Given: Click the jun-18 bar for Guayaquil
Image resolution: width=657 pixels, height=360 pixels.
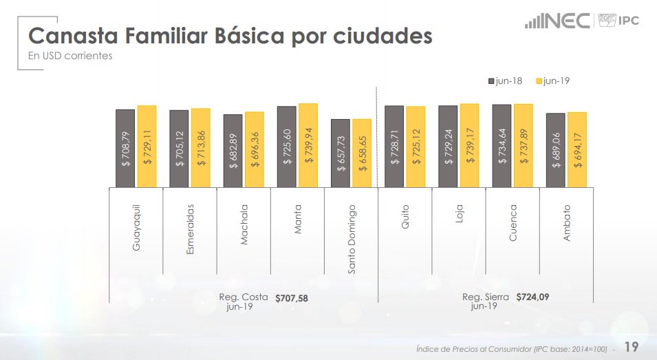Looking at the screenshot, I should tap(125, 148).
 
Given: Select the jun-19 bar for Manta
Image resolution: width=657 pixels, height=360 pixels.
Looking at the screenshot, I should tap(308, 145).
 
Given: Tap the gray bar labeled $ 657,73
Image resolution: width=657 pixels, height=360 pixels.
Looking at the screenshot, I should tap(340, 153).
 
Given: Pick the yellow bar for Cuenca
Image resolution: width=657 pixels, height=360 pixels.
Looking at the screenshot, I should tap(523, 145).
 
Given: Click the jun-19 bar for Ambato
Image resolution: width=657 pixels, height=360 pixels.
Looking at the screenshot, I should tap(577, 149).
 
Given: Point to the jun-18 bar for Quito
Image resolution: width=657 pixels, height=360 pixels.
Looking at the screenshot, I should tap(394, 146).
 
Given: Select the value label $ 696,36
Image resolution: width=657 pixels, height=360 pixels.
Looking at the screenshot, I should tap(255, 149).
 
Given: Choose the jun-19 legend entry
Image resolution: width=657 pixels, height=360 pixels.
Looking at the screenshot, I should tap(553, 81).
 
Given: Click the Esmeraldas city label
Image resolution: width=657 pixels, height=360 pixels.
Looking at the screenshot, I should tap(191, 229).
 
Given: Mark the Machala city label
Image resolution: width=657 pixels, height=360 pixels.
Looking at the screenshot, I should tap(244, 224).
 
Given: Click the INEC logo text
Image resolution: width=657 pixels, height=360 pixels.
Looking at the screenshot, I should tap(567, 20).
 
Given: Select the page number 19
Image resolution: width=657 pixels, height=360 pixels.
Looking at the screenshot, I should tap(631, 347).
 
